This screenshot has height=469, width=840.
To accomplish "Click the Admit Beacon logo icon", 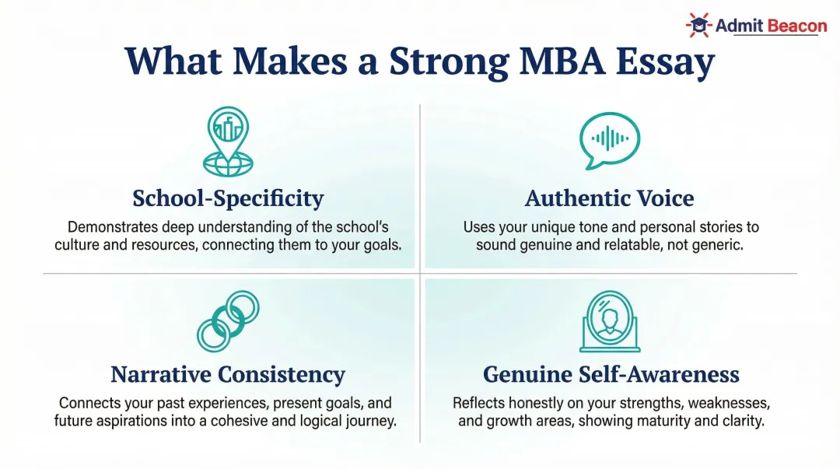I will tap(698, 26).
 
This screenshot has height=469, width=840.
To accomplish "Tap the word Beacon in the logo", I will tap(797, 26).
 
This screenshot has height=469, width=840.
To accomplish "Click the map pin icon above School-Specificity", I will tap(227, 141).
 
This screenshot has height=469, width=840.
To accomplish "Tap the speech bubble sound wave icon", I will tap(609, 140).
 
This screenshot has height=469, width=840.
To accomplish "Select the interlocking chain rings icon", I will tap(227, 320).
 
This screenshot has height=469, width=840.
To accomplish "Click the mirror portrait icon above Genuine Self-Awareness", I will tap(610, 322).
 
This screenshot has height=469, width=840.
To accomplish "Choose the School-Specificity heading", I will tap(227, 198).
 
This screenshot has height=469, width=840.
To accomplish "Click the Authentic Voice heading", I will tap(609, 198).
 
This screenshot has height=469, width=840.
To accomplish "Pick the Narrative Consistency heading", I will tap(227, 374).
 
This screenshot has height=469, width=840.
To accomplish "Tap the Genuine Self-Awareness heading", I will tap(611, 374).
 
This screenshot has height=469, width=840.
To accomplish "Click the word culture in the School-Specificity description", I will tap(77, 244).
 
